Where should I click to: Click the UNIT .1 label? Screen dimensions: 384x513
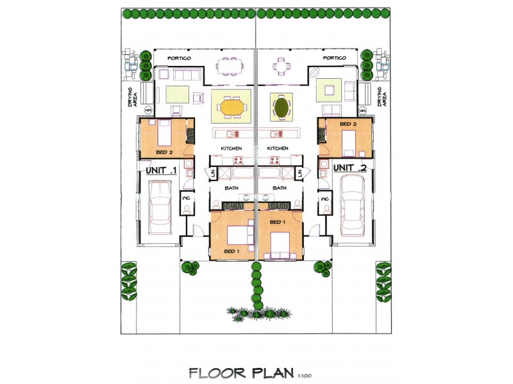pos(162,171)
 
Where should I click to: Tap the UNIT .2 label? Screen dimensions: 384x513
pos(350,168)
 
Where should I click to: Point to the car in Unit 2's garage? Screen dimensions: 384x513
pos(352,204)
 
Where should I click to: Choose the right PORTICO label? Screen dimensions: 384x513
pos(335,58)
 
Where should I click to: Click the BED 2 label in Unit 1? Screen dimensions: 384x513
pos(165,152)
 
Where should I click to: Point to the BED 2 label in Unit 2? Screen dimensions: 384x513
pos(348,124)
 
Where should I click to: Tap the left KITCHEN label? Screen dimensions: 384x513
pos(231,148)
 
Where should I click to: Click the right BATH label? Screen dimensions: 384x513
pos(280,188)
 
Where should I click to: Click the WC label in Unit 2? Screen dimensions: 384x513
pos(325,198)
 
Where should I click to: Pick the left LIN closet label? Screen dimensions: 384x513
pos(212,173)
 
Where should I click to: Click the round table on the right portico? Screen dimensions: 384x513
pos(282,65)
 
